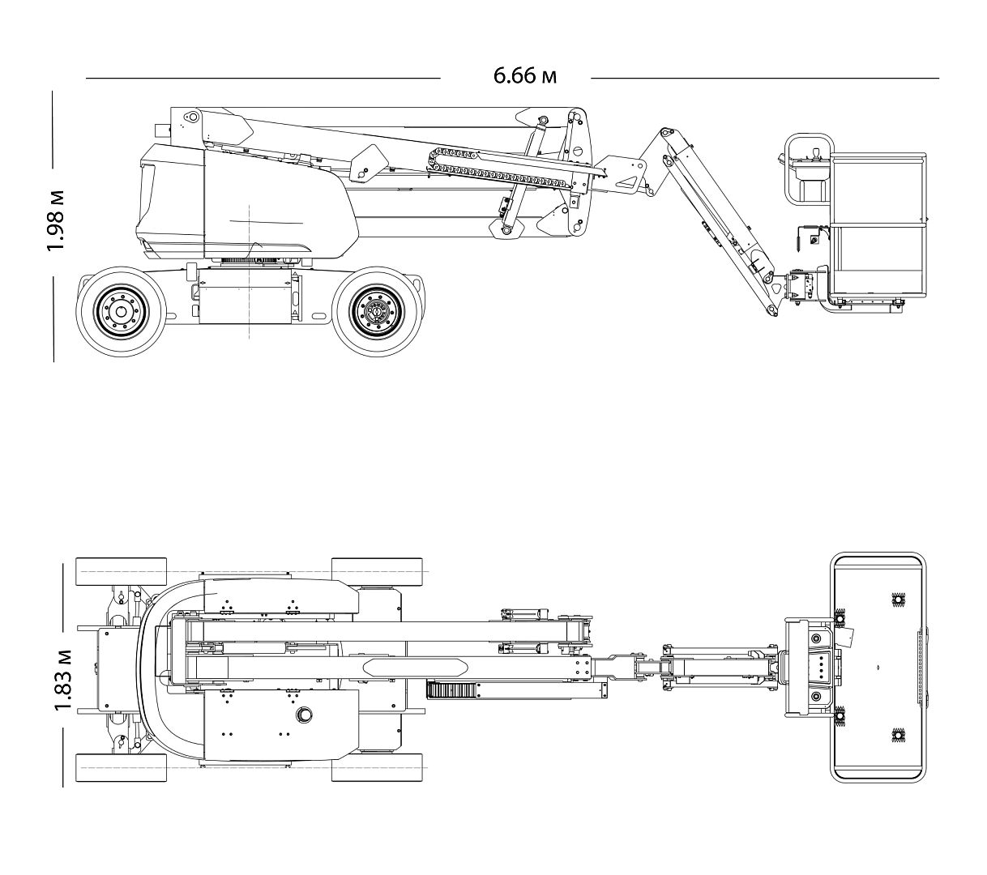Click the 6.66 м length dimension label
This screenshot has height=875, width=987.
pyautogui.click(x=524, y=76)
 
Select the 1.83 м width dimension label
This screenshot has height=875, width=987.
pyautogui.click(x=64, y=680)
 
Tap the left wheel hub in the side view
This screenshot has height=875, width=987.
pyautogui.click(x=121, y=312)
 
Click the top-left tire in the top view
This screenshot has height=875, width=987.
pyautogui.click(x=121, y=572)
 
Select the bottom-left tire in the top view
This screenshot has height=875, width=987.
pyautogui.click(x=121, y=767)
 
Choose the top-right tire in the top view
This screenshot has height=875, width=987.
pyautogui.click(x=377, y=572)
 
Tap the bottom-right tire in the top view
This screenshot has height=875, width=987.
pyautogui.click(x=377, y=767)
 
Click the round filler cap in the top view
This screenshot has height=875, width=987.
pyautogui.click(x=306, y=715)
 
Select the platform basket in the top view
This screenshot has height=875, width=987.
pyautogui.click(x=879, y=668)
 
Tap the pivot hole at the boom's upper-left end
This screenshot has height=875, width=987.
pyautogui.click(x=193, y=117)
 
